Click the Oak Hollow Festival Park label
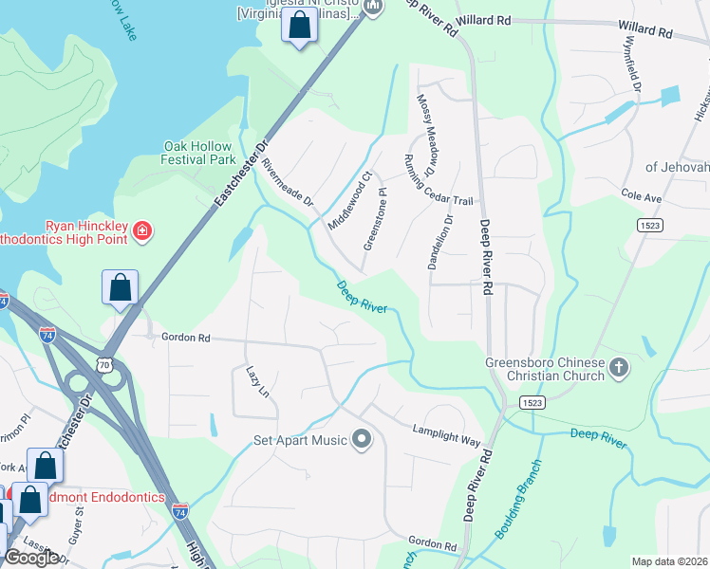tap(199, 153)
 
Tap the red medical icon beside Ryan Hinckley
tap(142, 230)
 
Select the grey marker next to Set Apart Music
tap(361, 439)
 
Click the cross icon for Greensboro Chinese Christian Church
tap(618, 367)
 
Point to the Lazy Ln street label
tap(258, 381)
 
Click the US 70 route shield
tap(103, 363)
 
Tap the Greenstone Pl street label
tap(376, 219)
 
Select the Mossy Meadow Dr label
tap(423, 135)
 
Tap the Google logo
tap(31, 558)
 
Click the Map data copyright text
tap(669, 561)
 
